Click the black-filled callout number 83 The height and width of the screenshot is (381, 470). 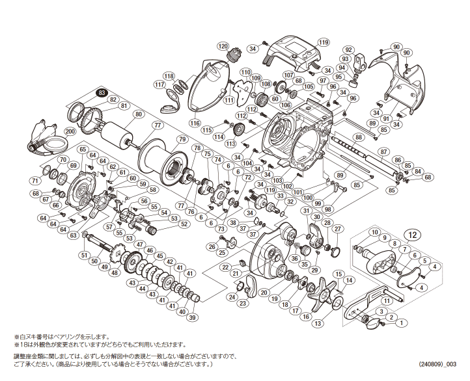point(101,93)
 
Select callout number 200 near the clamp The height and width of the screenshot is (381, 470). point(70,131)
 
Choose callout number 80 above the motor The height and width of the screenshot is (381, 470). point(138,115)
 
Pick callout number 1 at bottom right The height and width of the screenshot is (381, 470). point(402,323)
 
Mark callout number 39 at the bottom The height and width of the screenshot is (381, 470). point(192,317)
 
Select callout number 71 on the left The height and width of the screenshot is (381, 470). point(35,181)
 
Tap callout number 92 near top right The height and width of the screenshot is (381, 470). point(349,49)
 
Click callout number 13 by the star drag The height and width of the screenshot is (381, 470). point(318,323)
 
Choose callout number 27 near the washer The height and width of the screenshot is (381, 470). point(337,229)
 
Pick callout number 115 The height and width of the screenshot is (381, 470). point(207,130)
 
